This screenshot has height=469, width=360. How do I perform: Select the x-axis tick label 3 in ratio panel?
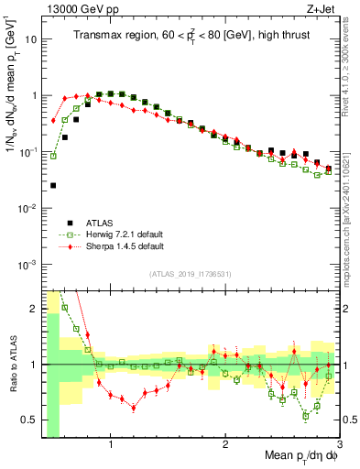pos(339,445)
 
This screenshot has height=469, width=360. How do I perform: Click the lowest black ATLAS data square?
pos(53,186)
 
